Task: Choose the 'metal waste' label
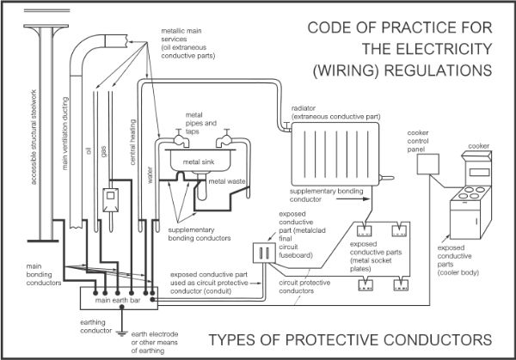228,181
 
